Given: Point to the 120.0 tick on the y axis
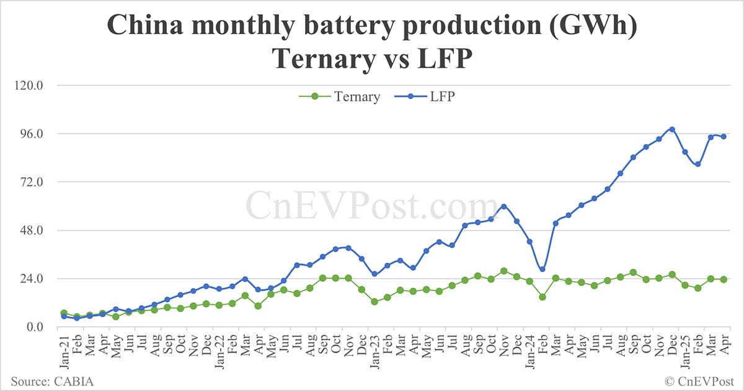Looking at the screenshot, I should (x=25, y=86).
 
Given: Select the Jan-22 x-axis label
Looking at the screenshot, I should (x=219, y=352).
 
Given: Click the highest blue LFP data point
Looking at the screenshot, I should (x=671, y=130).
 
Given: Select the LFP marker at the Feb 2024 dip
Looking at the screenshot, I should (x=542, y=269).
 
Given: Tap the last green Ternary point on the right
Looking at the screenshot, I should (x=724, y=279).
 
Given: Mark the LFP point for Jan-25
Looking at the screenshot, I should (x=684, y=152).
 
